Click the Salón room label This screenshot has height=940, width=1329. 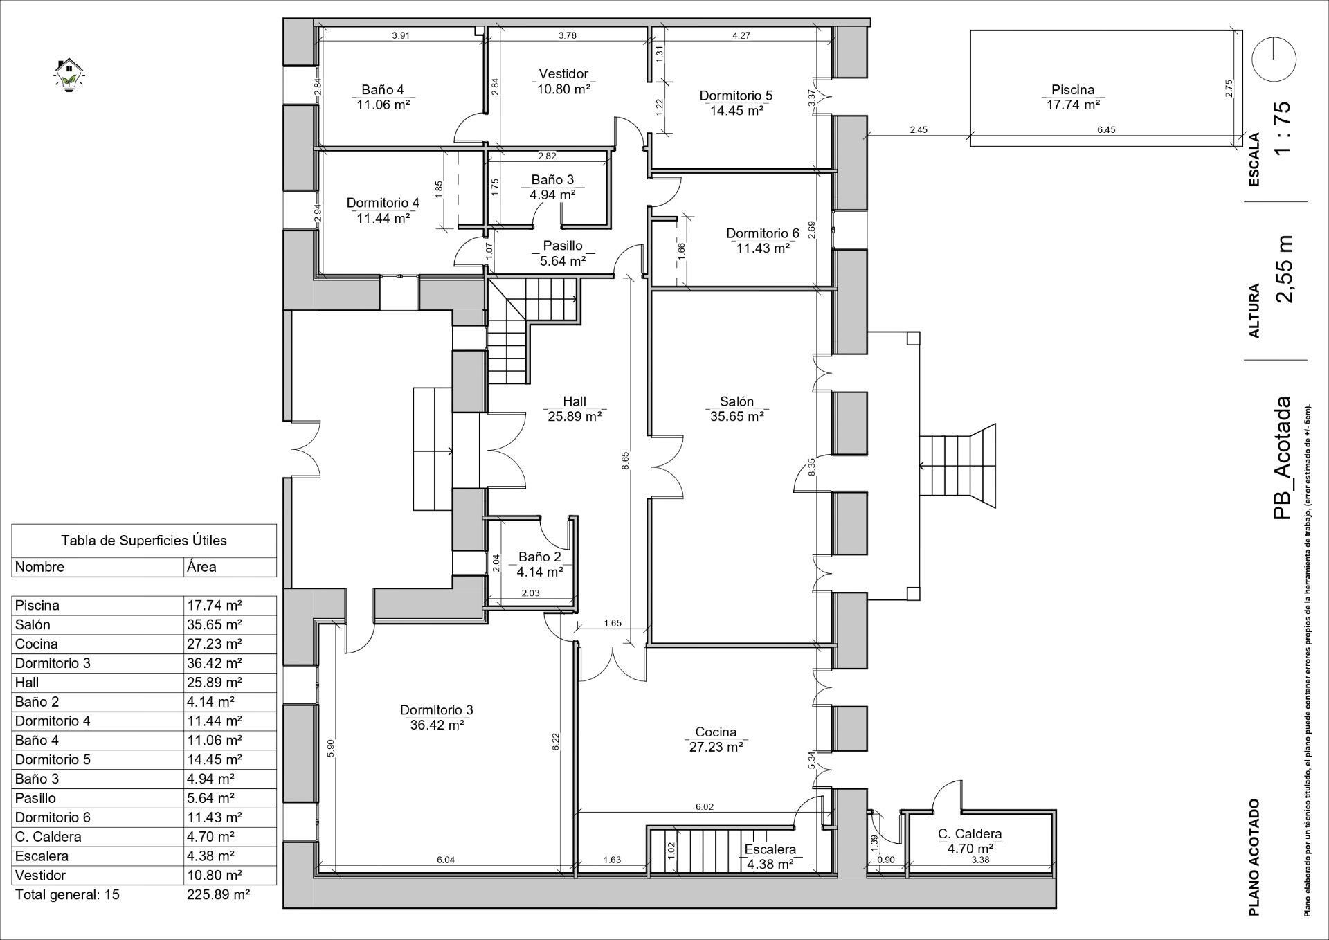coord(736,401)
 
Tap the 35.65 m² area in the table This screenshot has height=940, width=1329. coord(215,624)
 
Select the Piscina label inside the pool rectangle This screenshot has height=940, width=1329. coord(1073,89)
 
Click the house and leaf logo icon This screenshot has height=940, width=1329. coord(68,75)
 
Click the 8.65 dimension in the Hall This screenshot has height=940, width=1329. coord(625,462)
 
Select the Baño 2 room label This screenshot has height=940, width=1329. coord(539,557)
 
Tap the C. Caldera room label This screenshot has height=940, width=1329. coord(970,834)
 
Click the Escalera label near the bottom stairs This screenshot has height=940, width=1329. coord(770,849)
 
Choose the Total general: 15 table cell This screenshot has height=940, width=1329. coord(67,894)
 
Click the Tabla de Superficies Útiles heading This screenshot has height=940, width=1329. coord(143,541)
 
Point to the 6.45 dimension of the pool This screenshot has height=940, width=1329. coord(1106,130)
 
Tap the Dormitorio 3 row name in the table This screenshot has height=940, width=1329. coord(53,663)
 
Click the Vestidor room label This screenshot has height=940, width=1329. coord(563,73)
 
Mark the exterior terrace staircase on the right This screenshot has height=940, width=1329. coord(957,465)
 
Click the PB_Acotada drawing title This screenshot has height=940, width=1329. coord(1282,458)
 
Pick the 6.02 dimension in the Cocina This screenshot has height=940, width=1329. coord(704,806)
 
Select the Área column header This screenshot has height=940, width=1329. coord(201,567)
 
